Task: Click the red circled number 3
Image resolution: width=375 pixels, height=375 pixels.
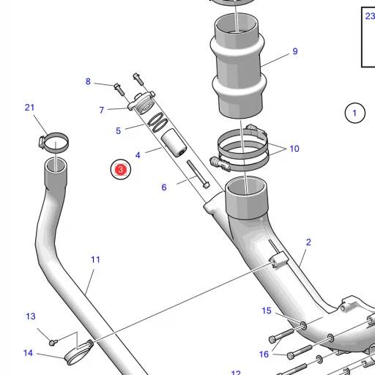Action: tap(119, 170)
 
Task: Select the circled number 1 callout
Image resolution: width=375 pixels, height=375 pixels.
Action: tap(354, 113)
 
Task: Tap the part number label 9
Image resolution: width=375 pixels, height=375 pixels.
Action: tap(295, 51)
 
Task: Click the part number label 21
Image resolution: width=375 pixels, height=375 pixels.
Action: tap(29, 108)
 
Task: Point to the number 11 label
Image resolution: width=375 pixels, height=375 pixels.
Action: tap(95, 259)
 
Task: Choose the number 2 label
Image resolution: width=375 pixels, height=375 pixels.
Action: tap(308, 242)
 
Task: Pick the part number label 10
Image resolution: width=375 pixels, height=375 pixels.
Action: tap(294, 149)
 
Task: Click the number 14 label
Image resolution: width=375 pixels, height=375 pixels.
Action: tap(28, 353)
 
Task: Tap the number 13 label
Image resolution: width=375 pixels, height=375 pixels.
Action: tap(31, 316)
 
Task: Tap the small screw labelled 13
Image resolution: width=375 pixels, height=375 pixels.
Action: tap(53, 341)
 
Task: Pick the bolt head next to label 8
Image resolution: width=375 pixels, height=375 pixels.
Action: tap(118, 89)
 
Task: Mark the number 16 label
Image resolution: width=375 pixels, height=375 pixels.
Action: tap(264, 354)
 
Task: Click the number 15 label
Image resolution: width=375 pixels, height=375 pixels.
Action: tap(267, 311)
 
